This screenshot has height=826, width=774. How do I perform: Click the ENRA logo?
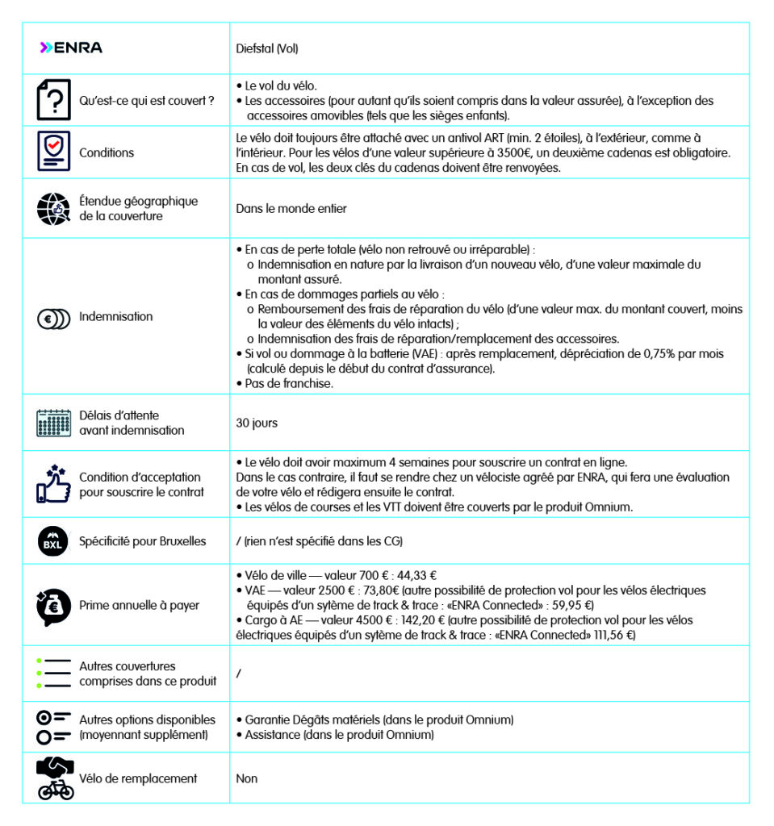coord(71,48)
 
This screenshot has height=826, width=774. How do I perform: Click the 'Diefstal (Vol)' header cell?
coord(267,48)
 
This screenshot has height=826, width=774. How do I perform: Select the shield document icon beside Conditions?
coord(54,151)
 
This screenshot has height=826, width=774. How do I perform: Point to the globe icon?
coord(54,208)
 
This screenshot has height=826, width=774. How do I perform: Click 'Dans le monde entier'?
coord(291,209)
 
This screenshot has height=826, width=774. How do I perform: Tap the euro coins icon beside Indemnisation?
coord(54,317)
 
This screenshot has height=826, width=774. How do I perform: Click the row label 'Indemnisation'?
coord(115,317)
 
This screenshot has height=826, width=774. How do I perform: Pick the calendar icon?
coord(54,423)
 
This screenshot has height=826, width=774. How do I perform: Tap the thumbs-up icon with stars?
coord(54,484)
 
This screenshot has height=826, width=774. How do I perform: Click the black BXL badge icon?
coord(54,541)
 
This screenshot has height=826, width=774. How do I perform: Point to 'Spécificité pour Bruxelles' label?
coord(142,541)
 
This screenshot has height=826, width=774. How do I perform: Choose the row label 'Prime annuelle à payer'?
coord(139,606)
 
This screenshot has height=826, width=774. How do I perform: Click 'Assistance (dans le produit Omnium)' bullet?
coord(339,735)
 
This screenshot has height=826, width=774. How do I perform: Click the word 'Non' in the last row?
coord(246,779)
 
